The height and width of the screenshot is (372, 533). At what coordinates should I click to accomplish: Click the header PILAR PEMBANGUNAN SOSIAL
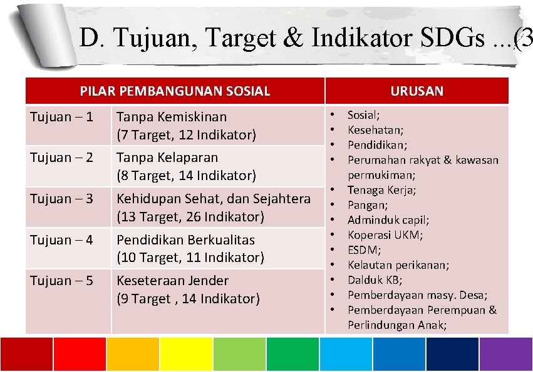pyautogui.click(x=175, y=91)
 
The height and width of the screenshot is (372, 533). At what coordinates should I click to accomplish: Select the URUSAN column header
pyautogui.click(x=417, y=91)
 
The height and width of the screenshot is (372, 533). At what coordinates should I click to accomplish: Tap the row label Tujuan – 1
pyautogui.click(x=61, y=117)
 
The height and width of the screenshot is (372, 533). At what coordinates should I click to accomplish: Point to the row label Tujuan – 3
pyautogui.click(x=61, y=199)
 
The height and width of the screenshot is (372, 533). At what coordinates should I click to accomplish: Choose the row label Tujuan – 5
pyautogui.click(x=61, y=281)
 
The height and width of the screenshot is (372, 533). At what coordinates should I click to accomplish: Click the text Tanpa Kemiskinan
pyautogui.click(x=172, y=117)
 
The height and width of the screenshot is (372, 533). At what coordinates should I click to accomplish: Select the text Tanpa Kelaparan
pyautogui.click(x=167, y=158)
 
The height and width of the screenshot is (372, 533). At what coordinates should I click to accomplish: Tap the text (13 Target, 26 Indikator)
pyautogui.click(x=190, y=217)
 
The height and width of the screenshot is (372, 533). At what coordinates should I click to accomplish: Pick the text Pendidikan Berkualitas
pyautogui.click(x=185, y=239)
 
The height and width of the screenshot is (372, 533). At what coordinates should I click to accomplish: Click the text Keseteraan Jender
pyautogui.click(x=172, y=281)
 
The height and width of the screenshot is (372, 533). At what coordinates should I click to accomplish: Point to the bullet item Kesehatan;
pyautogui.click(x=375, y=130)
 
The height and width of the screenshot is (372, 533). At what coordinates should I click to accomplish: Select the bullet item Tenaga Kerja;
pyautogui.click(x=381, y=190)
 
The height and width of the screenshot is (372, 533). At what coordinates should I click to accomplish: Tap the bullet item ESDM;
pyautogui.click(x=365, y=250)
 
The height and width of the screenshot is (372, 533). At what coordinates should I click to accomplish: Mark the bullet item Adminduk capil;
pyautogui.click(x=388, y=220)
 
